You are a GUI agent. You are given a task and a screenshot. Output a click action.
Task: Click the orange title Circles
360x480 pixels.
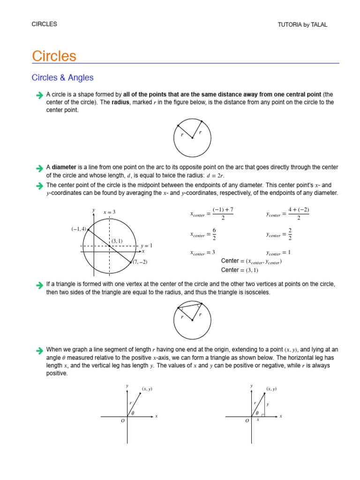(x=54, y=56)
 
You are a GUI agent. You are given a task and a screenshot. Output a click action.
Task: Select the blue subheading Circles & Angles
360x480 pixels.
(x=62, y=78)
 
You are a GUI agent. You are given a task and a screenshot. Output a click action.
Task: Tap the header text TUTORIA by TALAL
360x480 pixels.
(x=302, y=25)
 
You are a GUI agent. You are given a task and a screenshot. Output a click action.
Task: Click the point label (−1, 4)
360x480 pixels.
(x=79, y=229)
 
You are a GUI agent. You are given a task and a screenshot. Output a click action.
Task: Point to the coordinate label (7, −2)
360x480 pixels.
(x=140, y=262)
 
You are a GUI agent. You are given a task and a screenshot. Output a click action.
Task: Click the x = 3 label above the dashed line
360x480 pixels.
(x=109, y=212)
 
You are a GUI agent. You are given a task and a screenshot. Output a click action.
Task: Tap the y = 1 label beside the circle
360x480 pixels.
(x=147, y=246)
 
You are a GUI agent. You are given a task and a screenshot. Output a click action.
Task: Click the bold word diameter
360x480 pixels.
(x=64, y=167)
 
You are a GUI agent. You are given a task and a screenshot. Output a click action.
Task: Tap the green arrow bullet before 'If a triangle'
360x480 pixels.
(x=39, y=285)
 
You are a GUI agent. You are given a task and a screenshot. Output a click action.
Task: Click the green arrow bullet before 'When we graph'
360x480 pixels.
(x=39, y=350)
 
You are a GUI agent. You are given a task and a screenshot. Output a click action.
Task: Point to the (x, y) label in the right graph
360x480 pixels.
(x=271, y=389)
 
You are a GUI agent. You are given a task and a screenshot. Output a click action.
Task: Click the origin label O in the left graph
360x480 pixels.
(x=123, y=421)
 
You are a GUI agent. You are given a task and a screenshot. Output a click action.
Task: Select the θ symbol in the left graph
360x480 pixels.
(x=133, y=413)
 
